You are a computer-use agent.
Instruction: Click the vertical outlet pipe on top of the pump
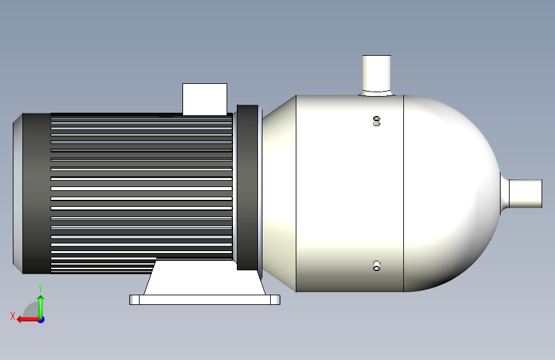coord(376,74)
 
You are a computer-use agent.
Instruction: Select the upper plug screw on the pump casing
coord(376,121)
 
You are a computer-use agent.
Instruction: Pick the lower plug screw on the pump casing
coord(376,266)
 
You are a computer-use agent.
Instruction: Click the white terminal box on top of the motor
coord(205,99)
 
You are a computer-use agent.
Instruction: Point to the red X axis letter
coord(13,316)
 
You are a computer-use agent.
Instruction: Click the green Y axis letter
coord(40,288)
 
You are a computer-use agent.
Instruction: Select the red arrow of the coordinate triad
coord(28,320)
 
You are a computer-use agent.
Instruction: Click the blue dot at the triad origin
coord(42,320)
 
